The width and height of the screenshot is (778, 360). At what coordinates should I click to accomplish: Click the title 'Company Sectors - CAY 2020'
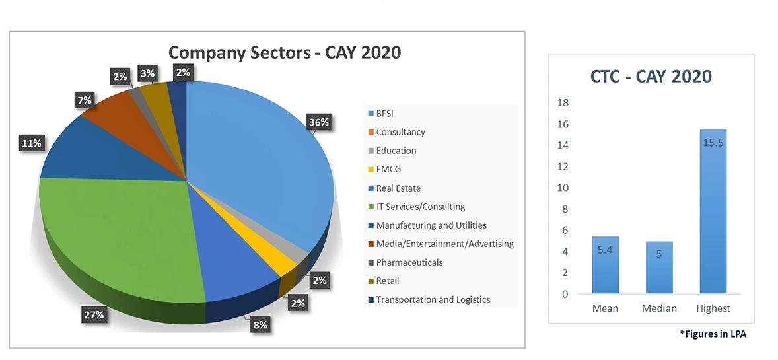tap(284, 52)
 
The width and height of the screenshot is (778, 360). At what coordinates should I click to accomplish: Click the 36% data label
tap(318, 122)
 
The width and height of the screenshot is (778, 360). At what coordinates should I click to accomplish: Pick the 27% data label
tap(93, 315)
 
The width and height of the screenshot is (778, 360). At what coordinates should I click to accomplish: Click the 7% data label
tap(85, 100)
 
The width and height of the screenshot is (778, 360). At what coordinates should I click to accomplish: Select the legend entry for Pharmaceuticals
tap(409, 262)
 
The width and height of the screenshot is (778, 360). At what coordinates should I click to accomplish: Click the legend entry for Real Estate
tap(398, 188)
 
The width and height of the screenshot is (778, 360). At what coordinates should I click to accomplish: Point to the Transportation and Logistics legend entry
tap(433, 299)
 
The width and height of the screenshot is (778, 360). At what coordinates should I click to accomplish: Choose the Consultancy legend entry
tap(400, 132)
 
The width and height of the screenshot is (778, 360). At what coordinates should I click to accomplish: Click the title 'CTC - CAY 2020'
tap(651, 76)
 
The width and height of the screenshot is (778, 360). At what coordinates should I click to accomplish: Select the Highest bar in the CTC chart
tap(713, 211)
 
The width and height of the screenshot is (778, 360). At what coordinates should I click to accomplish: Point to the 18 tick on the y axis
tap(563, 103)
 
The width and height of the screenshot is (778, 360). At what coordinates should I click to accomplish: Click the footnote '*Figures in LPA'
tap(713, 335)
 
